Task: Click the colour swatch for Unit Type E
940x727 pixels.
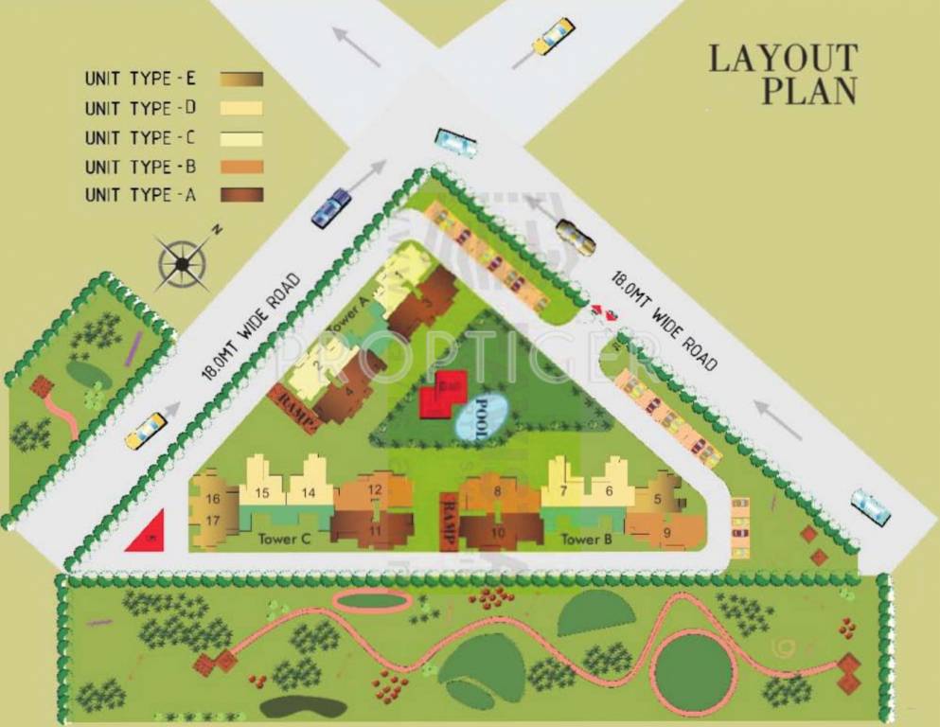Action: [x=241, y=79]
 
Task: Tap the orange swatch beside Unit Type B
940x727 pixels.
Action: [x=241, y=167]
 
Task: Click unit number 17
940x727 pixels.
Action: [x=213, y=520]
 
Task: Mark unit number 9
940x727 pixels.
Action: [x=666, y=531]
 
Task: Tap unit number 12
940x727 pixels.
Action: [x=375, y=489]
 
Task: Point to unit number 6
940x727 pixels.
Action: [x=609, y=490]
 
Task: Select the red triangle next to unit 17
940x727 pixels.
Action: [x=148, y=532]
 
